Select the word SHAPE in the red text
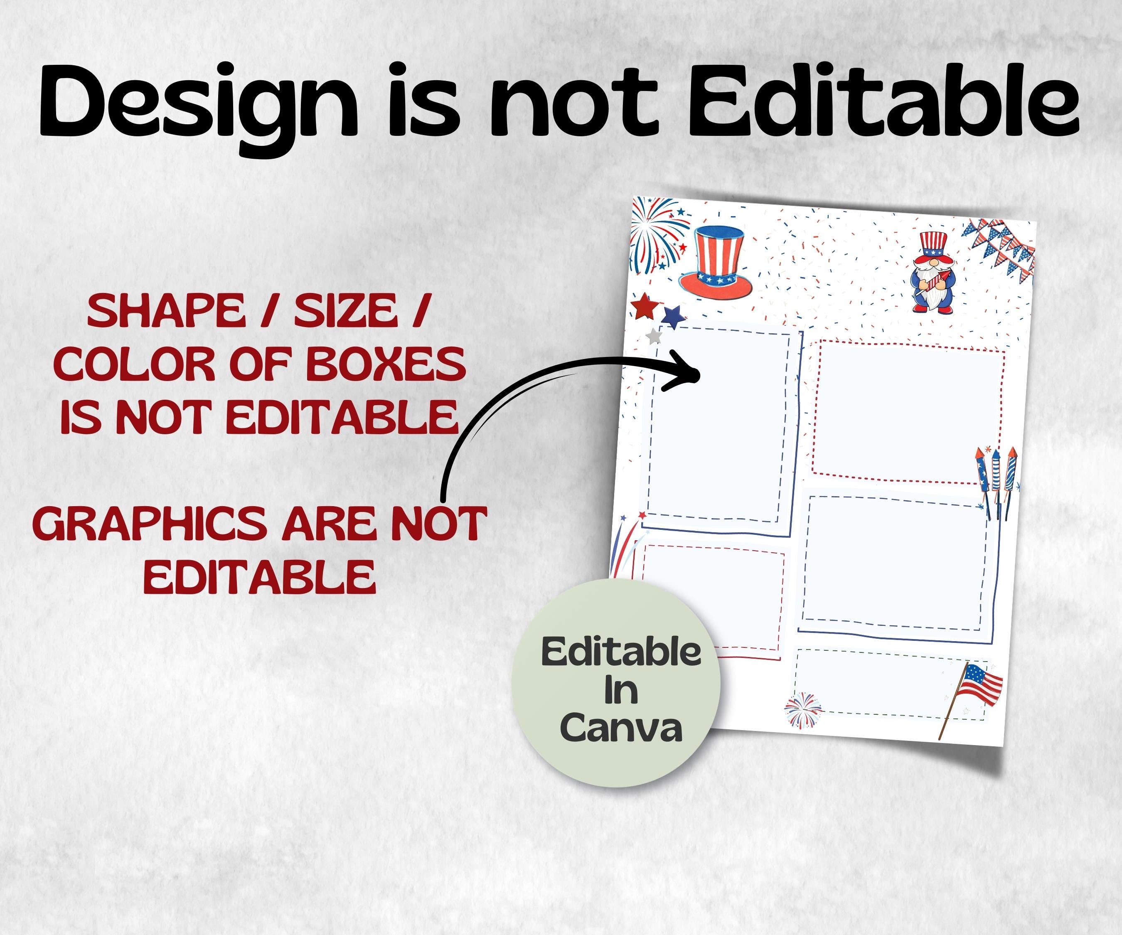166,312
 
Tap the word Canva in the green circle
621,728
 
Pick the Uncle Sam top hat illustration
716,262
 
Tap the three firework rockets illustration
996,481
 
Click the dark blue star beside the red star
673,316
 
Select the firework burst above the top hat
658,232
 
